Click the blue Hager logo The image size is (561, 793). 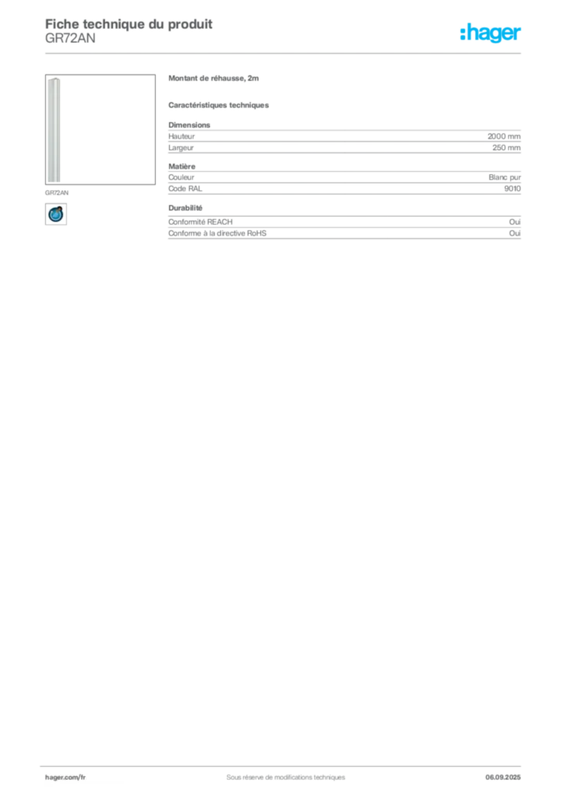click(x=491, y=33)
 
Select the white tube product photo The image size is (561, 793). click(x=53, y=130)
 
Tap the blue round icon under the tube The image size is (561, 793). click(x=55, y=214)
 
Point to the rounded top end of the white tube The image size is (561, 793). click(x=53, y=80)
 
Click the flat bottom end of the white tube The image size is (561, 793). click(x=53, y=181)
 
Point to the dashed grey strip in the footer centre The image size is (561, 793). click(x=279, y=773)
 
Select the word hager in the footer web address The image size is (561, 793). click(x=55, y=777)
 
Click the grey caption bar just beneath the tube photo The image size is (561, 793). click(x=58, y=188)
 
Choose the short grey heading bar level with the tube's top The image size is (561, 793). click(x=213, y=80)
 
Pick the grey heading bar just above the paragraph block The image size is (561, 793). click(x=219, y=105)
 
